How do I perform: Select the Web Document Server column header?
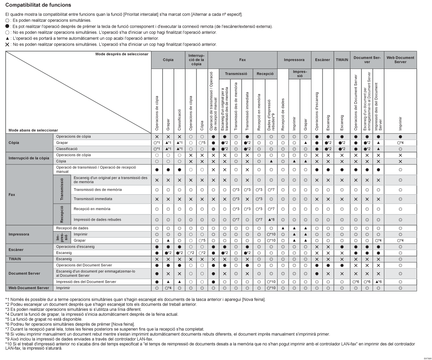(400, 60)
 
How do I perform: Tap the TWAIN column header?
(342, 60)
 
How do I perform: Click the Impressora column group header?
(294, 60)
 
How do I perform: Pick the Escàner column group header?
(322, 60)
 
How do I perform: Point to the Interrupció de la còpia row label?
(29, 158)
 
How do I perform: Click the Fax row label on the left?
(12, 194)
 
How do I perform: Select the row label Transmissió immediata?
(93, 199)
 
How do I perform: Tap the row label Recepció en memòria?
(92, 209)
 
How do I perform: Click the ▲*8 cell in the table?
(271, 220)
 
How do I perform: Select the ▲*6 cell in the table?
(378, 282)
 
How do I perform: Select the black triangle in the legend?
(7, 38)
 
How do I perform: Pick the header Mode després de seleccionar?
(122, 54)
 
